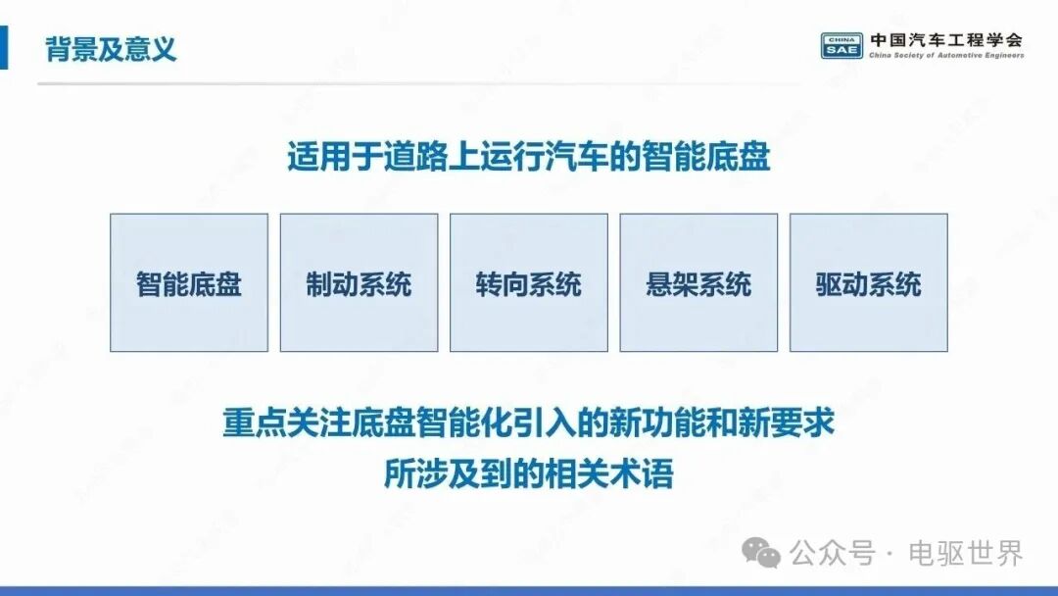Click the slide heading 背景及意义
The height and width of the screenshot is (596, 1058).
click(x=111, y=49)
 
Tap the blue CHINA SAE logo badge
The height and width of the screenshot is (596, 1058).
click(x=842, y=46)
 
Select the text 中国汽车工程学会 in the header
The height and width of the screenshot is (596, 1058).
click(x=946, y=40)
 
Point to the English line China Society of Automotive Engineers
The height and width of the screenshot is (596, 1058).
click(x=946, y=55)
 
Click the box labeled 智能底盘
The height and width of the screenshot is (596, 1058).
click(x=189, y=283)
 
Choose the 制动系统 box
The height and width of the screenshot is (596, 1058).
click(x=359, y=283)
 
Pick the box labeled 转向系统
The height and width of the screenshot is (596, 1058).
click(x=529, y=283)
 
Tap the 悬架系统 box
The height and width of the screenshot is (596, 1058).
click(x=698, y=283)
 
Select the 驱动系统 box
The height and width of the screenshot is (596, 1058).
click(x=868, y=283)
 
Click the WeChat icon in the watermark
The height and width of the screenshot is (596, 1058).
click(x=761, y=553)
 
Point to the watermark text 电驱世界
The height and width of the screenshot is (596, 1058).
click(x=966, y=554)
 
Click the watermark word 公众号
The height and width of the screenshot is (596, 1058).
click(x=833, y=554)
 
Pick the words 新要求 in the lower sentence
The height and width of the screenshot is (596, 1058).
click(x=786, y=422)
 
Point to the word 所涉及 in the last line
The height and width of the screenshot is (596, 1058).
click(x=432, y=473)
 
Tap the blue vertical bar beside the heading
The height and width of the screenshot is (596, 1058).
click(x=3, y=47)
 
